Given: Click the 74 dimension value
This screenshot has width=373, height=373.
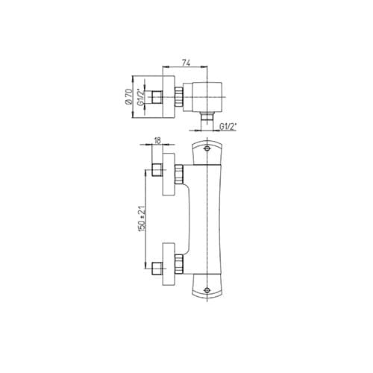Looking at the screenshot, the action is pos(186,63).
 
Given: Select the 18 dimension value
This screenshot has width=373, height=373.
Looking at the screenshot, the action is pos(157,140).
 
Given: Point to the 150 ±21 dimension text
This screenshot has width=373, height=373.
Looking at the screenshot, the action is pos(142,219).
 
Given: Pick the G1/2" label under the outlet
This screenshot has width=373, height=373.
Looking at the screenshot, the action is pos(228,127).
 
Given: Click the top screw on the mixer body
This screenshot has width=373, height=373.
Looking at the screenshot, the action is pos(207,148).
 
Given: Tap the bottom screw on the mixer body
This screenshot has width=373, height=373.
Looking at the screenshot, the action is pos(207,290).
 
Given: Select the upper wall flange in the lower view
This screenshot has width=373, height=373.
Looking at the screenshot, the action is pos(169,174).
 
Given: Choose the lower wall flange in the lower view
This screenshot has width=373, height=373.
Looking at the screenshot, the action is pos(169,264).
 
